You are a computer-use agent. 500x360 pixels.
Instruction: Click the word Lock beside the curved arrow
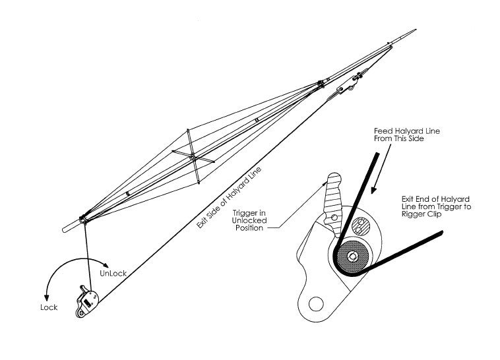pos(48,307)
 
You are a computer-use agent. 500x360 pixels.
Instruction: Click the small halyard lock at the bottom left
pos(88,303)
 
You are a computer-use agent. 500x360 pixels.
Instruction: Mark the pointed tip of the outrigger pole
pos(415,30)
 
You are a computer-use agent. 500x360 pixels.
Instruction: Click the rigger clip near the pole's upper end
pos(347,86)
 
